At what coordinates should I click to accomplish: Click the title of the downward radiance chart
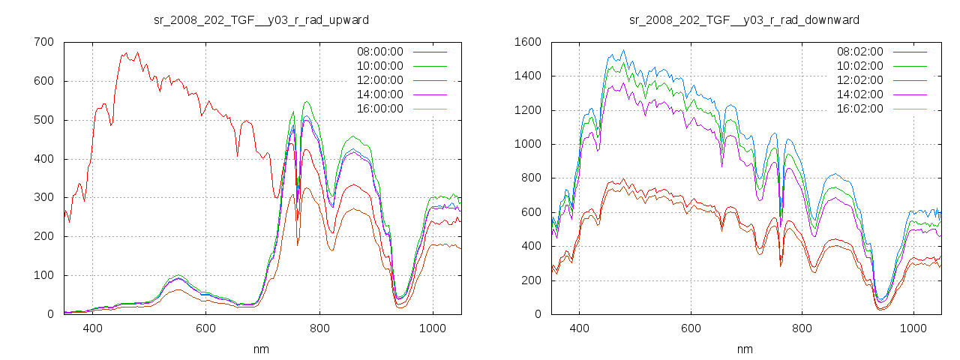[745, 19]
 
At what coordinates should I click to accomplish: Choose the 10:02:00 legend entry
[859, 66]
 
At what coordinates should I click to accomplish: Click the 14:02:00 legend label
[859, 94]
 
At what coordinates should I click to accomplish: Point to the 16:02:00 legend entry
[859, 109]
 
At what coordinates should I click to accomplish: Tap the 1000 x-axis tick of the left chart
[432, 328]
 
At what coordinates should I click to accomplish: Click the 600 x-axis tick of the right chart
[691, 328]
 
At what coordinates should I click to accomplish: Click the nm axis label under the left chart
[262, 349]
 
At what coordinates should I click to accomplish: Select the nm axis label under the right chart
[745, 349]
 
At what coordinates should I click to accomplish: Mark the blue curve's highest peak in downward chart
[623, 50]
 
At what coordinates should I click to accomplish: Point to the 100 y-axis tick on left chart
[44, 275]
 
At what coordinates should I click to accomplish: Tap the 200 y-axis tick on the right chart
[529, 280]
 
